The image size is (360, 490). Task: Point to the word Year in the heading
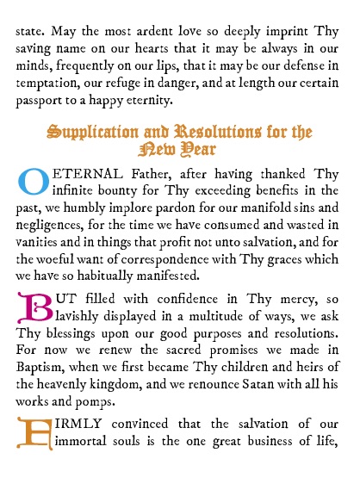(x=203, y=151)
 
